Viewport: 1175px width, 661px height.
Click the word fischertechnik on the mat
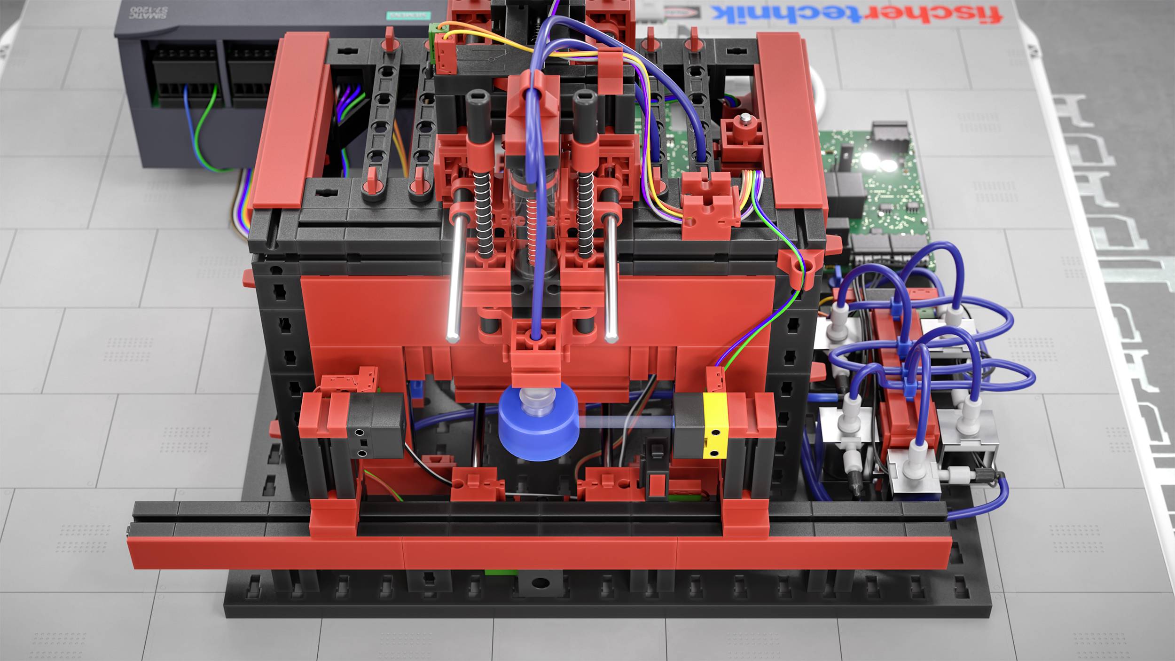point(855,14)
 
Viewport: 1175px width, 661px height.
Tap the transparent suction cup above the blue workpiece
point(539,402)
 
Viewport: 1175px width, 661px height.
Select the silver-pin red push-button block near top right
point(743,132)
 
